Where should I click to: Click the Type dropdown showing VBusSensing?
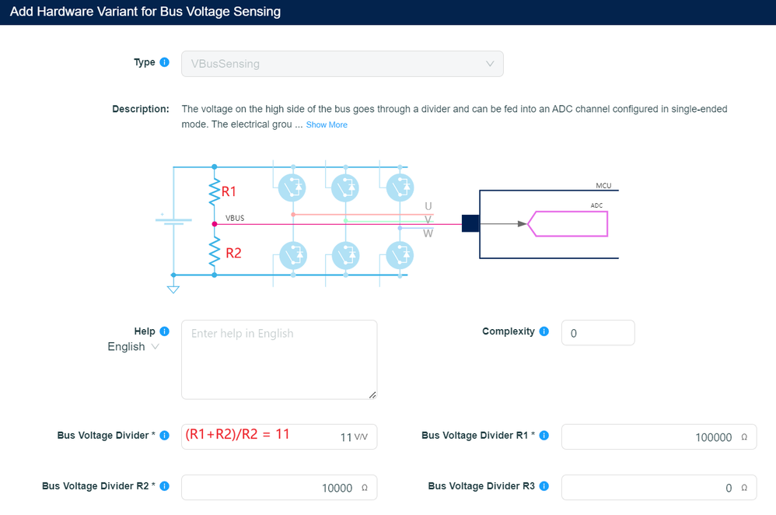click(342, 64)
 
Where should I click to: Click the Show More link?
click(327, 124)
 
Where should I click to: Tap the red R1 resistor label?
click(229, 191)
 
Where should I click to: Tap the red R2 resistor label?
click(233, 253)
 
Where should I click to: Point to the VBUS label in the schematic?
click(235, 218)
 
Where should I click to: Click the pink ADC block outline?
click(568, 223)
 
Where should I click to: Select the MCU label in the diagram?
click(603, 186)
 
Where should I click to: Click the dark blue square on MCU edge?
click(470, 223)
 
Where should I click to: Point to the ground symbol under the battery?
click(173, 289)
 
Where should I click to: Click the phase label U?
click(428, 206)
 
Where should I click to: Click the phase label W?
click(428, 233)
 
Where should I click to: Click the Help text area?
click(279, 359)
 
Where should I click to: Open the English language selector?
click(133, 347)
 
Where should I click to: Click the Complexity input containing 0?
click(597, 333)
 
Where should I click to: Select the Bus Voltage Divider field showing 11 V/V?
click(279, 436)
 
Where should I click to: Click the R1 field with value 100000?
click(659, 437)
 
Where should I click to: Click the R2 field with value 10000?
click(279, 488)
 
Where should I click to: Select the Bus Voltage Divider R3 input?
click(659, 488)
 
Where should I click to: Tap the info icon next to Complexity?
click(544, 331)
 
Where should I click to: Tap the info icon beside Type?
click(164, 62)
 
